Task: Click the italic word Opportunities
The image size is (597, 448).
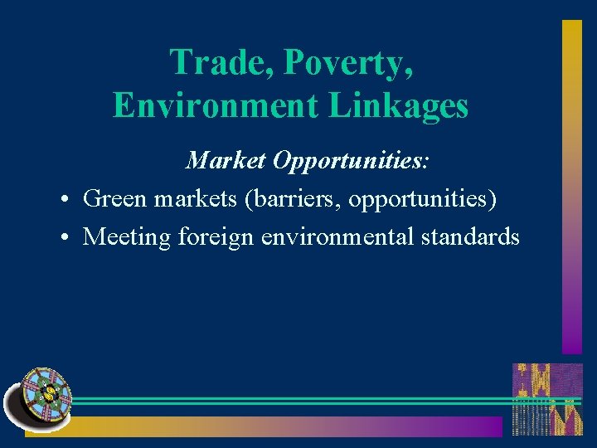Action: tap(352, 159)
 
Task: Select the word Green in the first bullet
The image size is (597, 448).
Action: tap(114, 198)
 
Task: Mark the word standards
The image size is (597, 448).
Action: tap(470, 237)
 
